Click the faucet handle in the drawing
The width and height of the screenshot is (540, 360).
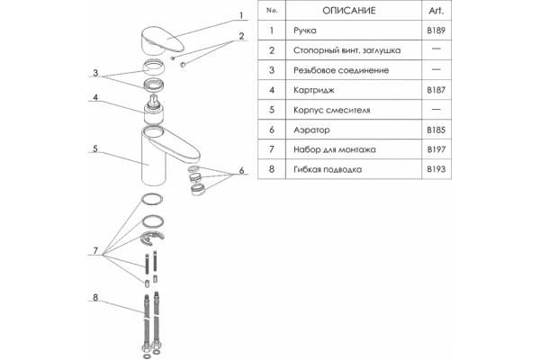[x=161, y=41]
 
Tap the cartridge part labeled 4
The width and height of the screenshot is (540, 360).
[x=153, y=110]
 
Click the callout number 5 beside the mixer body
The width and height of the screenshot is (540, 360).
[x=95, y=148]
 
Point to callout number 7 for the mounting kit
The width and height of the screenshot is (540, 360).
[x=95, y=250]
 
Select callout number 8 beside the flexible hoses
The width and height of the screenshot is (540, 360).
[x=95, y=297]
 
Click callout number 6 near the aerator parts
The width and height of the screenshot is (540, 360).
[x=241, y=170]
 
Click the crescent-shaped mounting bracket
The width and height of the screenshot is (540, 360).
[x=152, y=238]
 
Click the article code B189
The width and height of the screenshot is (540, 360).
[x=436, y=31]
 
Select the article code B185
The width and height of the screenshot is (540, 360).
[x=436, y=130]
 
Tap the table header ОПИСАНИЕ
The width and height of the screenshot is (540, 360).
[x=349, y=11]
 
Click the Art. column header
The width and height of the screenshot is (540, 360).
[x=436, y=11]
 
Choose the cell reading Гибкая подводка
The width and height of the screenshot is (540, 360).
[x=328, y=169]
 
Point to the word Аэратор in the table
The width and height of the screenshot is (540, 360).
[x=311, y=130]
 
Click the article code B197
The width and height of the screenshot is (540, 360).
[x=436, y=149]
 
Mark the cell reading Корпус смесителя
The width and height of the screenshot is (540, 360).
[x=331, y=110]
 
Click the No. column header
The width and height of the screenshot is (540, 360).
[x=272, y=11]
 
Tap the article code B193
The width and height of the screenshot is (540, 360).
[x=436, y=169]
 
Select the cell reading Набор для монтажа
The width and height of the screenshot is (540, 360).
[x=335, y=150]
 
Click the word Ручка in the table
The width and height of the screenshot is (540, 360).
[x=305, y=31]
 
